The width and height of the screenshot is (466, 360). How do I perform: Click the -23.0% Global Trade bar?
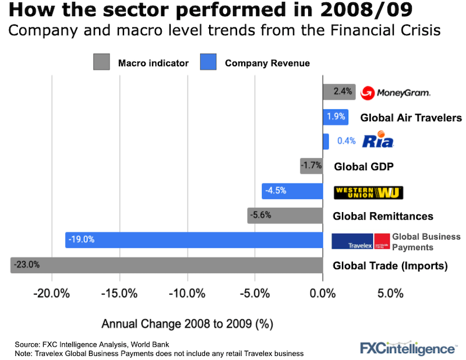167,265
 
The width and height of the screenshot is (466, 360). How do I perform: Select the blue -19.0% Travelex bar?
194,239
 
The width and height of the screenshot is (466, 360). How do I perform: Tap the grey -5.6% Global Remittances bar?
285,216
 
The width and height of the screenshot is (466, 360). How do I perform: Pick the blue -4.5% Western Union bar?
292,192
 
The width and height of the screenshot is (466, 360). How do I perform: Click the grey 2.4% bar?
339,91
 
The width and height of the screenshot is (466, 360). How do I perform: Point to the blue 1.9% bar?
336,117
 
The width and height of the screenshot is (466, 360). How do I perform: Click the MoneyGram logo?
396,93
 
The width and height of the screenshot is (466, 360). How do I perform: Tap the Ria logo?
378,140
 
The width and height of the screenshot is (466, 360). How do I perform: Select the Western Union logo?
368,192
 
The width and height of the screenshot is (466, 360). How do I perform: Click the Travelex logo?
361,241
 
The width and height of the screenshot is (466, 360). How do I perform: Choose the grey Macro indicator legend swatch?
101,62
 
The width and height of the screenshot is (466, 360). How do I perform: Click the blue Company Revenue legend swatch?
208,62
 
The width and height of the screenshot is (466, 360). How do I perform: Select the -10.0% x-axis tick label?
188,294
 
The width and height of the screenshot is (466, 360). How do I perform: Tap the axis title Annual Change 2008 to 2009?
188,323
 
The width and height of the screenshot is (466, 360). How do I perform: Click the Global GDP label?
363,167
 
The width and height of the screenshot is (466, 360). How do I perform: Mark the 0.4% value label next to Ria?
346,141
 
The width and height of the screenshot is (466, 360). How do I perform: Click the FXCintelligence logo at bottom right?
407,348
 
